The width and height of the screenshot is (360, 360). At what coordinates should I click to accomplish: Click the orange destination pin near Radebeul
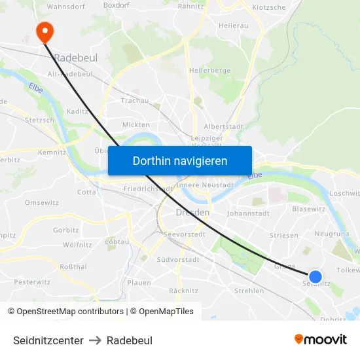[x=45, y=31]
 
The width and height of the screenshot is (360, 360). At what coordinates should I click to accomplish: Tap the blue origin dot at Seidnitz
[x=315, y=277]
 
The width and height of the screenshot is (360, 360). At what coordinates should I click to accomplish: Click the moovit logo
[x=320, y=339]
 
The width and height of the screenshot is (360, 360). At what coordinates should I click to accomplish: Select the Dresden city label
[x=192, y=213]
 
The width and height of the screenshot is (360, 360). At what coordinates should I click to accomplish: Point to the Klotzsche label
[x=268, y=8]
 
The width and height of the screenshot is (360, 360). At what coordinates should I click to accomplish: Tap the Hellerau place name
[x=234, y=26]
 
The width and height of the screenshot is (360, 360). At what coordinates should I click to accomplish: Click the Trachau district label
[x=135, y=101]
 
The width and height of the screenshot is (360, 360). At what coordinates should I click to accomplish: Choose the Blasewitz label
[x=308, y=209]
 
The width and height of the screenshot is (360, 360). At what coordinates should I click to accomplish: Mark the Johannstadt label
[x=248, y=213]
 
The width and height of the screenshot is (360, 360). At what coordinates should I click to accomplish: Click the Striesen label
[x=283, y=236]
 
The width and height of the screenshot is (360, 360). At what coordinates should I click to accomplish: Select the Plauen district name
[x=139, y=283]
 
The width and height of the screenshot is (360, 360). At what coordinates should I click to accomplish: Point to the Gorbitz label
[x=66, y=230]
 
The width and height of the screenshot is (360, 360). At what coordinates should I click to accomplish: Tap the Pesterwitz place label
[x=32, y=282]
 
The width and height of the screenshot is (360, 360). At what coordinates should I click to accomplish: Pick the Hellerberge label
[x=209, y=70]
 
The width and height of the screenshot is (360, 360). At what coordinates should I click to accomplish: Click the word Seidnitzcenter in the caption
[x=48, y=340]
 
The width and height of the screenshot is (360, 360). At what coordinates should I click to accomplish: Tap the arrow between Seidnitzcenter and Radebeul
[x=95, y=340]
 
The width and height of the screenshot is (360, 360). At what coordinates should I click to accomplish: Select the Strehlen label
[x=249, y=291]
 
